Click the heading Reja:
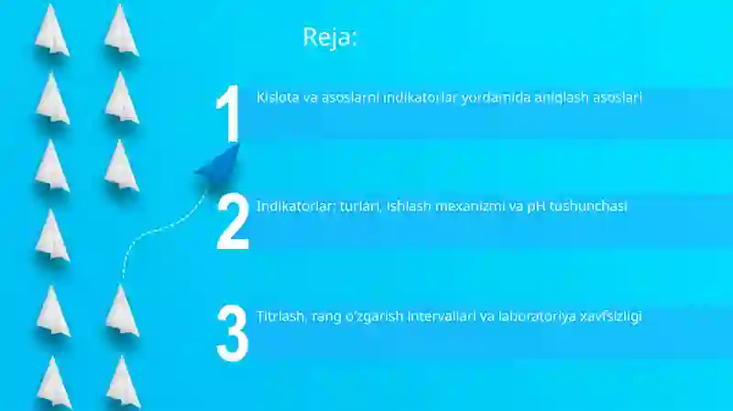(330, 38)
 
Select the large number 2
(233, 222)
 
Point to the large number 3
(233, 332)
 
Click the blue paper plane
(219, 164)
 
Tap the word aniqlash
(560, 97)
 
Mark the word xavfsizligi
(610, 317)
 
